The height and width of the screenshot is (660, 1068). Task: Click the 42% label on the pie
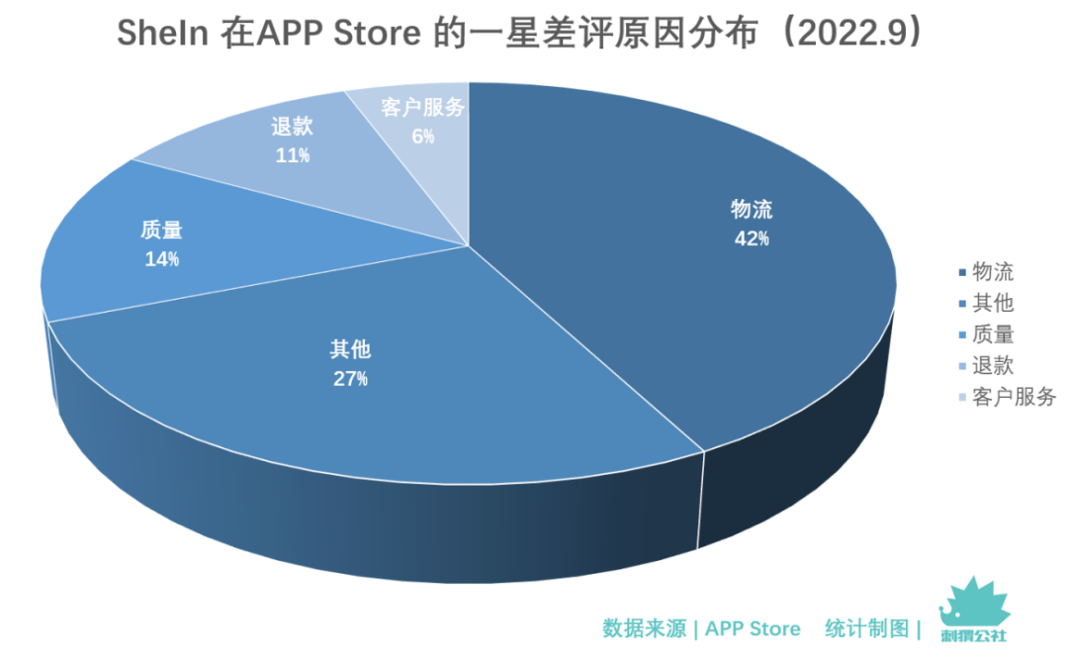752,238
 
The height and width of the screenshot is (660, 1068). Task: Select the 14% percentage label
161,259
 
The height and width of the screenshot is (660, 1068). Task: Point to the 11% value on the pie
292,155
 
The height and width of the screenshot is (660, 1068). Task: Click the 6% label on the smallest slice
422,137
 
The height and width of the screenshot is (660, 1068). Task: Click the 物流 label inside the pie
752,210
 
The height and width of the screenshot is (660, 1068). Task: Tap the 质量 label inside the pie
161,231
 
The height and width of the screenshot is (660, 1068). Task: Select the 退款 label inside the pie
292,127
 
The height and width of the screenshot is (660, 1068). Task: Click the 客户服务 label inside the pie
422,108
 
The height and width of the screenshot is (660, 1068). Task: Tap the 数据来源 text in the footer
644,628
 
